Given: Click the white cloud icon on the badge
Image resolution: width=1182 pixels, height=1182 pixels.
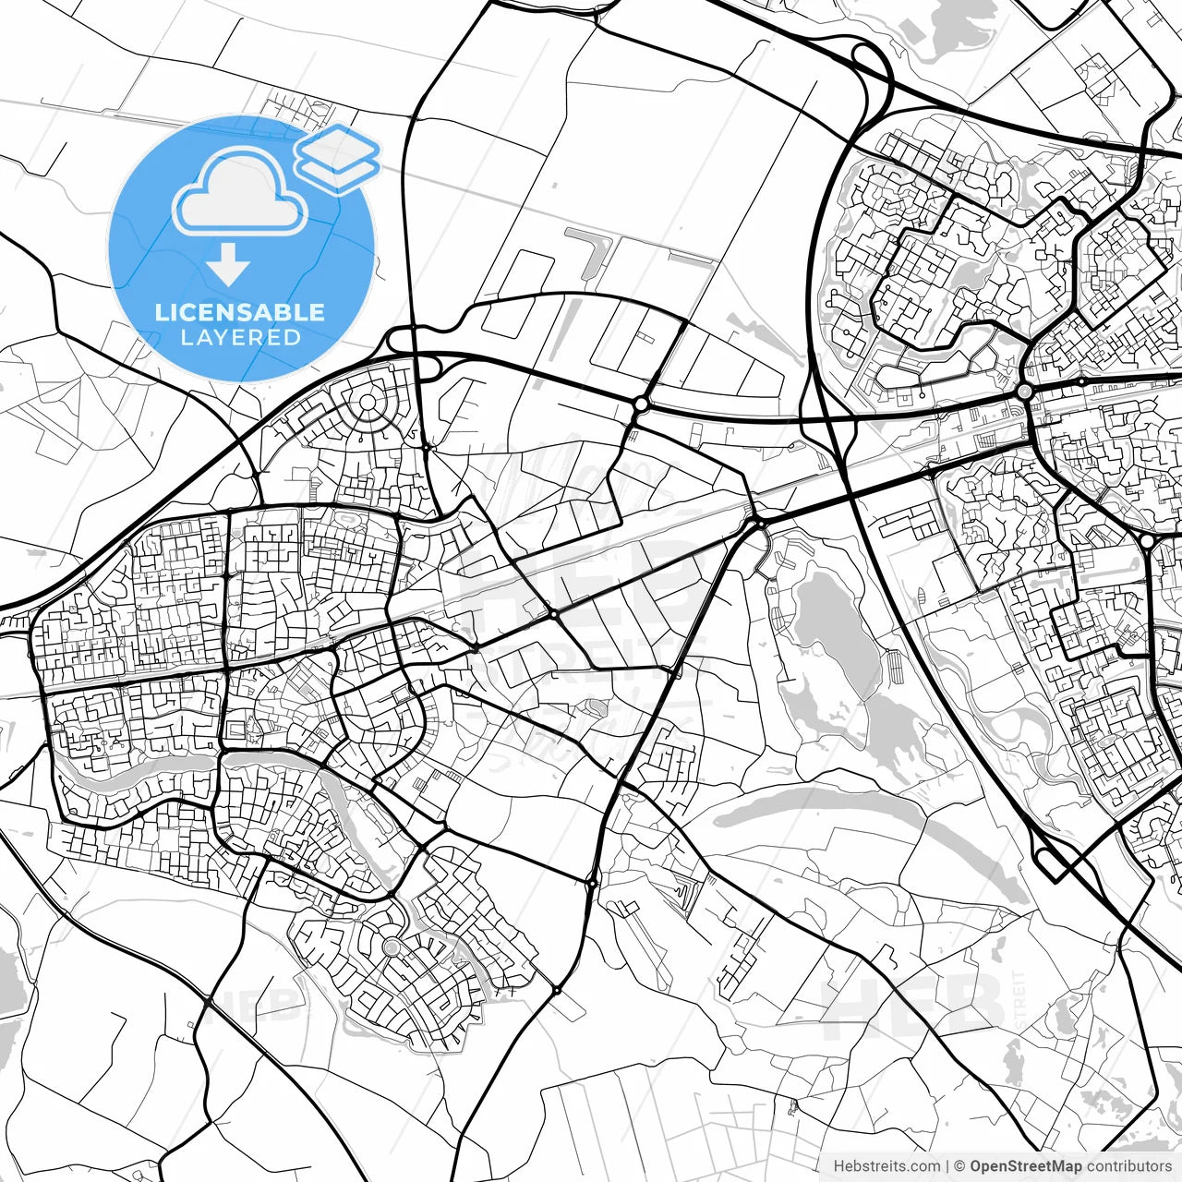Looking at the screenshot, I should tap(240, 192).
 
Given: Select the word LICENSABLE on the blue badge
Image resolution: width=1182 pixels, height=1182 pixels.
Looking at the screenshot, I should tap(240, 312).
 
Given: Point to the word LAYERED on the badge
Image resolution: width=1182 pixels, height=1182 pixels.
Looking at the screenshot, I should tap(240, 337).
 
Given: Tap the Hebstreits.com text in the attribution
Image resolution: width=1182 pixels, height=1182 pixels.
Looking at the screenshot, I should tap(886, 1166).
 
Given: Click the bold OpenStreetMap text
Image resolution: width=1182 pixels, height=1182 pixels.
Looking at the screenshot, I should tap(1025, 1166).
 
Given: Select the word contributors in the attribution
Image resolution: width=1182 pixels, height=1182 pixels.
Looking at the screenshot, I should tap(1128, 1166).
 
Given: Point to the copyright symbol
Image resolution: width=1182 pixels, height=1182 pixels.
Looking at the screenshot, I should tap(960, 1166).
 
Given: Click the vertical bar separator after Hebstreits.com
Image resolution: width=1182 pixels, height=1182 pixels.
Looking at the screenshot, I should tap(947, 1166).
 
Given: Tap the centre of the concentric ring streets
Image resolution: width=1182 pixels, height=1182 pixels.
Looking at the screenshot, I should tap(368, 403).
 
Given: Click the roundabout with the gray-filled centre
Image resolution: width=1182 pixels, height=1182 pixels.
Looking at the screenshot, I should tap(1024, 392).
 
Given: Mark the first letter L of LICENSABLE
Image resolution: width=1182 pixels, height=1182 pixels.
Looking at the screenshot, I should tap(161, 312).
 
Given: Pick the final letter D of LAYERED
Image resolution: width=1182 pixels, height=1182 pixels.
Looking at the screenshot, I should tap(294, 337).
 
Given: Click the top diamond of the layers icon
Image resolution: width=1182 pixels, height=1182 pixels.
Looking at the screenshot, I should tap(338, 144).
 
